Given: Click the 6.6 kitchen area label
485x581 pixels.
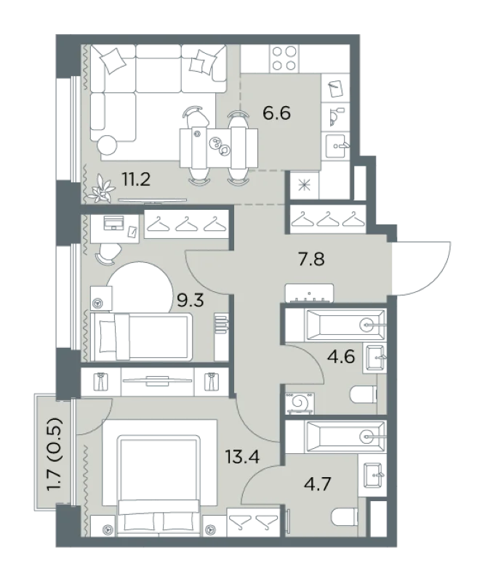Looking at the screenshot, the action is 276,113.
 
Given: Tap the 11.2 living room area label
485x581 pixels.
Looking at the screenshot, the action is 136,180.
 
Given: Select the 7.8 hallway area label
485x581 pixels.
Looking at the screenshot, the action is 312,259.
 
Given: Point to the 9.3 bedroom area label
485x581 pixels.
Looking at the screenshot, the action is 191,301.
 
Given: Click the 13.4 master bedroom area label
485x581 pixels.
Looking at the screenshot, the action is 243,457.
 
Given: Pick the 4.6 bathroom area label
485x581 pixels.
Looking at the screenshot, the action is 341,357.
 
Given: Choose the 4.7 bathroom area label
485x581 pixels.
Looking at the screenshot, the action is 317,484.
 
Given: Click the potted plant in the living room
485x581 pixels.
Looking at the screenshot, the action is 103,190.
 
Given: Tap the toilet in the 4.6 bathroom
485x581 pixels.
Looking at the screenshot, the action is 364,394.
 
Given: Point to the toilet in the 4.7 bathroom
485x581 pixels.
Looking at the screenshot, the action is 345,517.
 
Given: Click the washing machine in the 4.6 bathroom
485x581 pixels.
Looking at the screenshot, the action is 300,403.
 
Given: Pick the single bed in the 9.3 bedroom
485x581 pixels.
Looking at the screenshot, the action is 141,337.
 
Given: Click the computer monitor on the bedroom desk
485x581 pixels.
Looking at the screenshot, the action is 114,223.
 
